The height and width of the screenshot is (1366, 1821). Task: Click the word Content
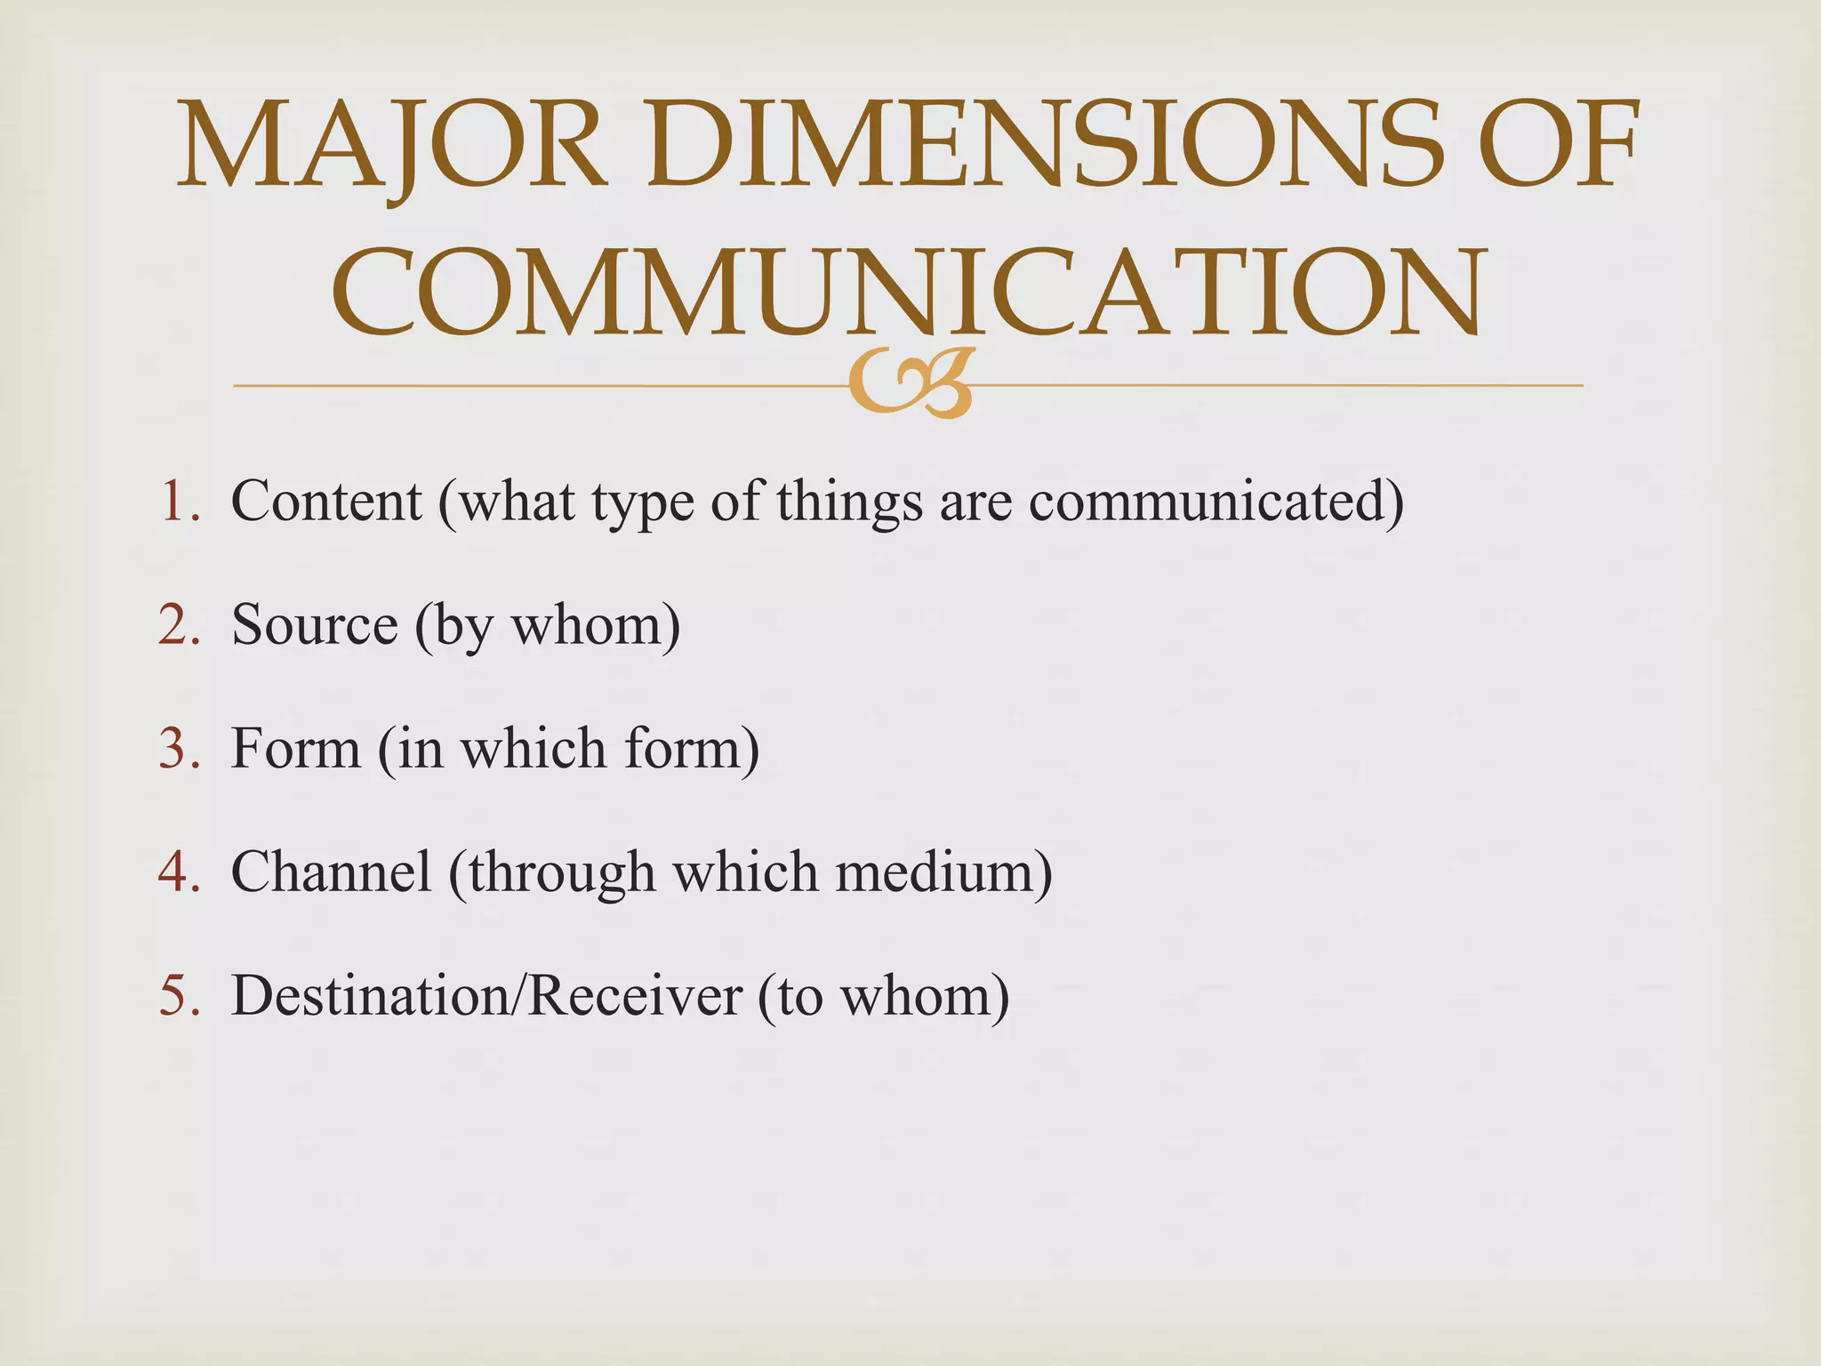click(326, 501)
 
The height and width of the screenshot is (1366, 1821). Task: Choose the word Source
click(314, 624)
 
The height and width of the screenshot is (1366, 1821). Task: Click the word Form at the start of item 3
click(296, 748)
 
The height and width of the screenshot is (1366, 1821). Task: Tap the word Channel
click(332, 872)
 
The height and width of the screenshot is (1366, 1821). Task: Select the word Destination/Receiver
click(486, 995)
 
